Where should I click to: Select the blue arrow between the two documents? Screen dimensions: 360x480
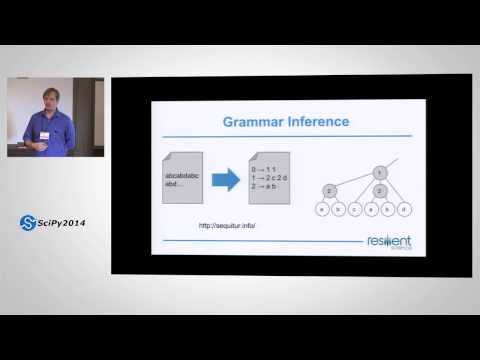(x=227, y=180)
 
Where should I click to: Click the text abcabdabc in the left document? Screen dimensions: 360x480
(x=180, y=176)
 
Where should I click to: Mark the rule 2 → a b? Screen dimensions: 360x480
(x=264, y=185)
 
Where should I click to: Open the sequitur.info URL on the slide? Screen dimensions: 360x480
(x=228, y=225)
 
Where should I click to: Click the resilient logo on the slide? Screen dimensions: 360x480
(x=389, y=243)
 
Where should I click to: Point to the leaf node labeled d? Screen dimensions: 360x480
(x=402, y=209)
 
